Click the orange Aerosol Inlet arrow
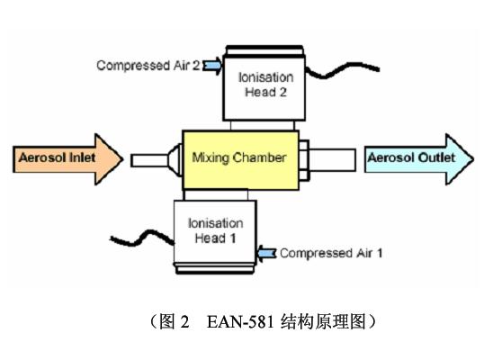67,158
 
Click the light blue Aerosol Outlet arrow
419,158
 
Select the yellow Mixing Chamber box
240,160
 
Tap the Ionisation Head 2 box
264,87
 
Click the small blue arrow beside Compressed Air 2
212,66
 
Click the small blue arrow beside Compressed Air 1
266,253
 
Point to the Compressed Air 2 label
148,66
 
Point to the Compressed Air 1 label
331,253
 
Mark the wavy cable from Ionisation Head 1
142,238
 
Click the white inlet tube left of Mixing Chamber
149,160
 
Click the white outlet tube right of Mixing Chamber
332,160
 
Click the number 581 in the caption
261,322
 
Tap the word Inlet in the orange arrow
83,157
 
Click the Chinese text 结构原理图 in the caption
323,322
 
